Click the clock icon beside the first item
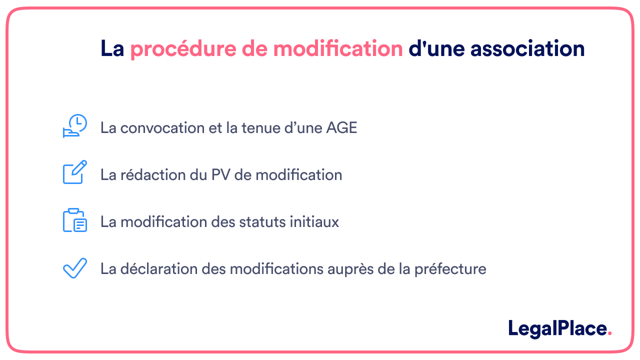click(x=75, y=126)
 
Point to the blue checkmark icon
click(x=75, y=268)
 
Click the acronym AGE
click(x=341, y=128)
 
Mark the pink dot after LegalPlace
click(x=609, y=333)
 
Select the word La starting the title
click(x=112, y=49)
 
